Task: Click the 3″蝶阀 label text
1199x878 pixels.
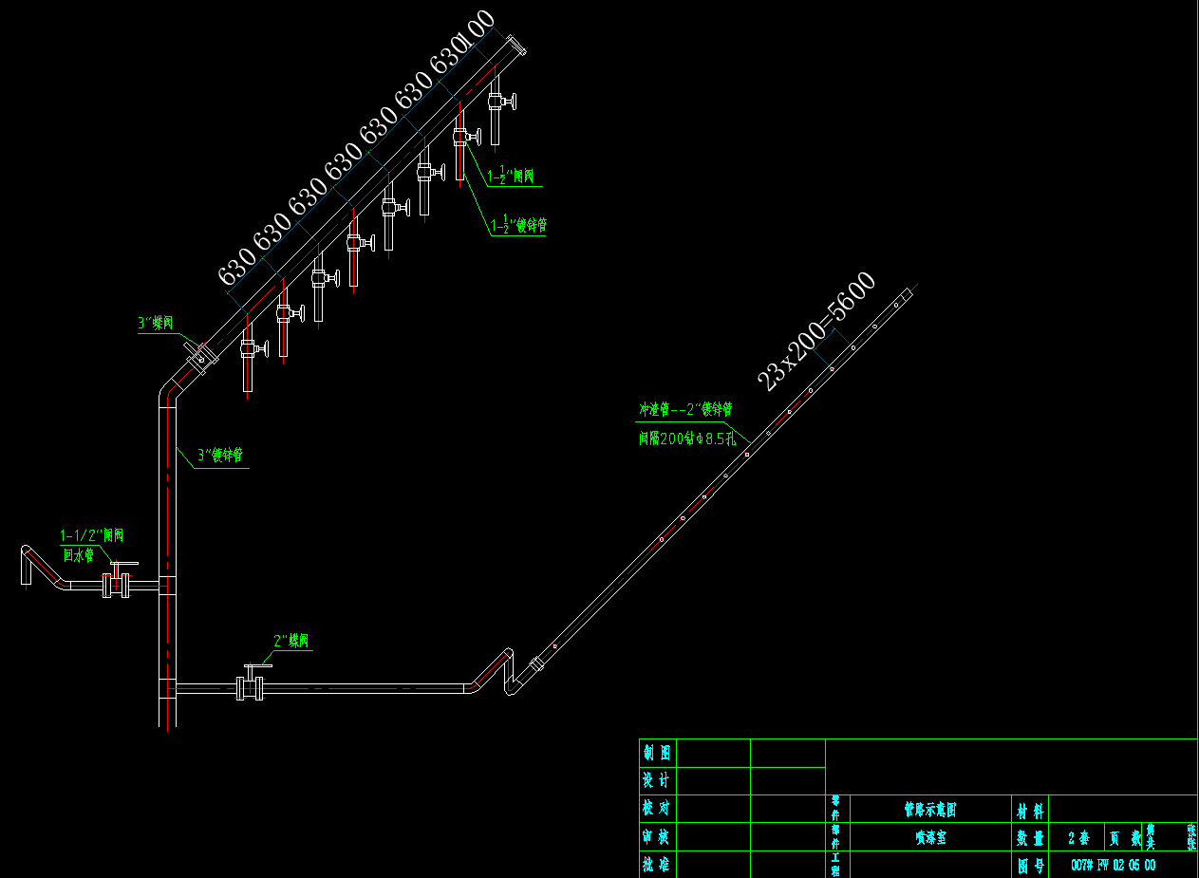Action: pos(156,324)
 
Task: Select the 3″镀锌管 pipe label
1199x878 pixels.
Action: pos(221,456)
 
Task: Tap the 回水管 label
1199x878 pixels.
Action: pos(79,555)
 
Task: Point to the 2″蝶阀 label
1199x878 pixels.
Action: pos(291,641)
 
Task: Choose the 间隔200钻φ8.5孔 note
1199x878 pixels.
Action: pos(685,438)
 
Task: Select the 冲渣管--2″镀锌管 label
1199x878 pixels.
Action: pos(684,410)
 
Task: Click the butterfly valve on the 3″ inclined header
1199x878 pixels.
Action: pos(201,355)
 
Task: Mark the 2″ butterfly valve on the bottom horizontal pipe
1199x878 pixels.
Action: pos(251,686)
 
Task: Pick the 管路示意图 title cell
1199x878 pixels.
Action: pos(929,810)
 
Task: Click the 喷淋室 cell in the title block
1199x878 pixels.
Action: pos(929,838)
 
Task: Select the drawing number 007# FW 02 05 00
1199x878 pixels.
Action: pos(1113,865)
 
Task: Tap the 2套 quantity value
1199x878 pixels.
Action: pos(1077,838)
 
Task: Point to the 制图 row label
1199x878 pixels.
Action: pos(657,754)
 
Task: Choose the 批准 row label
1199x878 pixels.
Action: pos(657,865)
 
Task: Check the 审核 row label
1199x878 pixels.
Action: pos(657,837)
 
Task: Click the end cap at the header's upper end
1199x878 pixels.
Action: pos(516,46)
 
